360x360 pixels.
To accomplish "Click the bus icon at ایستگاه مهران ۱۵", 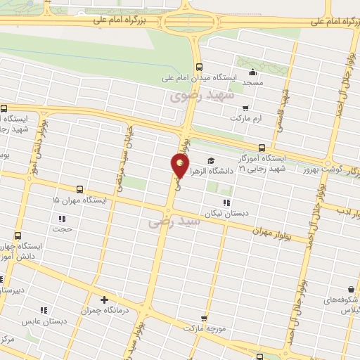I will (x=79, y=189).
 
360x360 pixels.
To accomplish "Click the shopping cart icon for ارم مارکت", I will (x=245, y=108).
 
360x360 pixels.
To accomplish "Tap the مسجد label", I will (x=252, y=83).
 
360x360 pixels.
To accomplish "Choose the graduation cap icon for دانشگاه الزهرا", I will (x=212, y=160).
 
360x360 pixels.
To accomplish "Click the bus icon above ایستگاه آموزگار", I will (x=262, y=148).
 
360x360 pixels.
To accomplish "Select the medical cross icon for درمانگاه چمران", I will (x=105, y=300).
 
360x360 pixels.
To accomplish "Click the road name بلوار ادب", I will (x=345, y=211).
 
